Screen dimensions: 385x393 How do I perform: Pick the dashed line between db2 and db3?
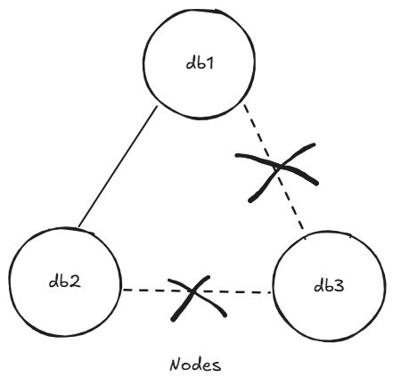tap(151, 290)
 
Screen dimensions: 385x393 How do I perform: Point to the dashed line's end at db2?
tap(124, 290)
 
